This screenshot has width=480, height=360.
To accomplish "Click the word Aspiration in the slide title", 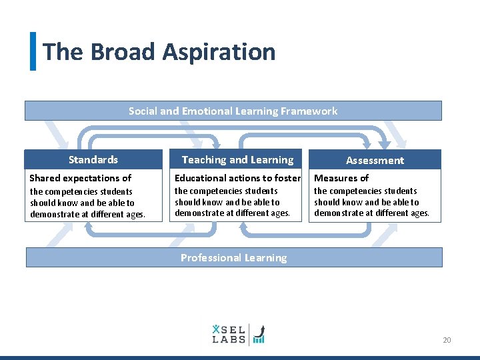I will coord(219,52).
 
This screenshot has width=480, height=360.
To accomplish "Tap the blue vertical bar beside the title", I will coord(33,51).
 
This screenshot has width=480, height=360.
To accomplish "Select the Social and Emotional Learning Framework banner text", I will coord(233,111).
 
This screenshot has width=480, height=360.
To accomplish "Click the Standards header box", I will coord(93,159).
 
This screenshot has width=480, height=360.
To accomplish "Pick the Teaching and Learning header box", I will coord(237,159).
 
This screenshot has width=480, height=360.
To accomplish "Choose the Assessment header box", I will coord(375,160).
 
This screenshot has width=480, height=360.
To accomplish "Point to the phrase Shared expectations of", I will coord(80,178).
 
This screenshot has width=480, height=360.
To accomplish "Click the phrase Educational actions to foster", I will coord(237,178).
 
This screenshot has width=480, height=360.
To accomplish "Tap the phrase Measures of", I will coord(341,178).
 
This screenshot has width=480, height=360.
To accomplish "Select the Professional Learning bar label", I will coord(233,258).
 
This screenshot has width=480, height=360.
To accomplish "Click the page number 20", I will coord(447,341).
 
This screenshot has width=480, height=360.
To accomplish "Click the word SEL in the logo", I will coord(230,329).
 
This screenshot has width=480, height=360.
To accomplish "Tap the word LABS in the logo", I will coord(229,339).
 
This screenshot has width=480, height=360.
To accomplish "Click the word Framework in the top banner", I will coord(312,111).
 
